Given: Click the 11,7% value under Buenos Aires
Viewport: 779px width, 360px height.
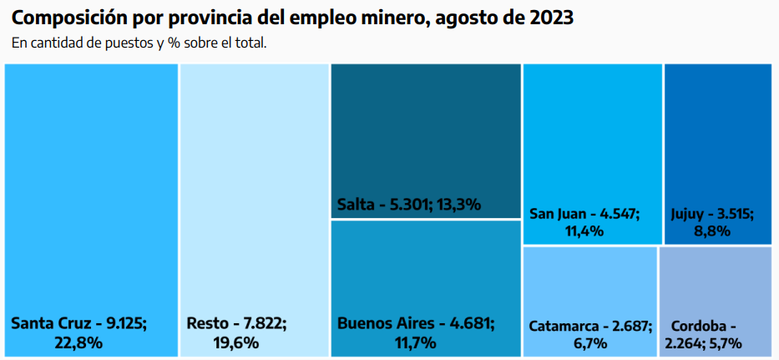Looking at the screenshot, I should coord(415,342).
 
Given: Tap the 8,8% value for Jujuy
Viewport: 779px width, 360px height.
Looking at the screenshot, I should coord(711,231).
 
